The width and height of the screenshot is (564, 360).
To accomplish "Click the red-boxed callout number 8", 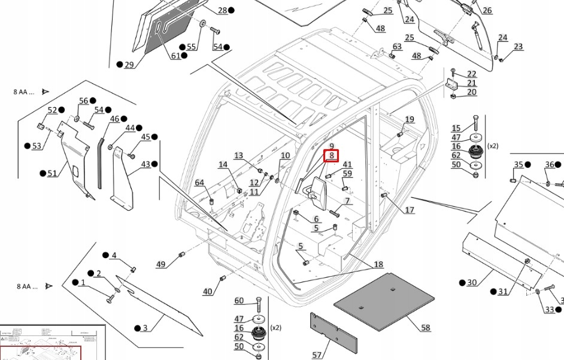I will (x=331, y=156).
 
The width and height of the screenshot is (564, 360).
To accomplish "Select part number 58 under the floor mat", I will (x=426, y=328).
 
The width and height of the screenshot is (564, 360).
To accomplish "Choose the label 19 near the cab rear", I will (x=410, y=120).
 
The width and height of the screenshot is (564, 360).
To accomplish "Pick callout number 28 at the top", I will (x=222, y=10).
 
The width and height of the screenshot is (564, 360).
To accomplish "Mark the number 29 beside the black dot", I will (x=129, y=65).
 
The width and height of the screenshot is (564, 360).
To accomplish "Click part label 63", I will (x=397, y=46).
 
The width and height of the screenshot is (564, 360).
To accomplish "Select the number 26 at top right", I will (x=487, y=10).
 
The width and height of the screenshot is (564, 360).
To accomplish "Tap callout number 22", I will (x=472, y=74).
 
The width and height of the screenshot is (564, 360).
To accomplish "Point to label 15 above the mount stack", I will (x=456, y=128).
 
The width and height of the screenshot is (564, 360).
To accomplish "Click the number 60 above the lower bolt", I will (x=239, y=301).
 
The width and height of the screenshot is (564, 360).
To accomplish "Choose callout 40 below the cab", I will (x=207, y=292).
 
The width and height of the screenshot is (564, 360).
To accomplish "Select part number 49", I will (x=160, y=264).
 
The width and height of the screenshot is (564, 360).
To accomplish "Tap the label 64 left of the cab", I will (x=199, y=183).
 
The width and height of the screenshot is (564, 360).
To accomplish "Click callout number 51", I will (x=52, y=174).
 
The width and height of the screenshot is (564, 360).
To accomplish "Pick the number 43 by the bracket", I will (x=145, y=164).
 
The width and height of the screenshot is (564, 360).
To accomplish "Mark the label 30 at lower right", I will (x=472, y=283).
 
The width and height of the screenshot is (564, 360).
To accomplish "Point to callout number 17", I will (x=410, y=210).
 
